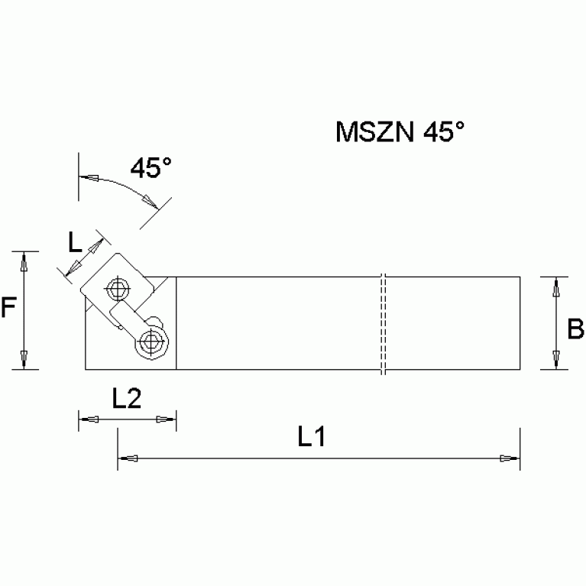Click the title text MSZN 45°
click(400, 132)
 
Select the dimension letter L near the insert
click(75, 243)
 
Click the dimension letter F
click(8, 308)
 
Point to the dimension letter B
click(575, 329)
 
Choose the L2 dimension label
click(126, 398)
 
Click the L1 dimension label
click(312, 438)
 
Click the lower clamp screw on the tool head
click(151, 342)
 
